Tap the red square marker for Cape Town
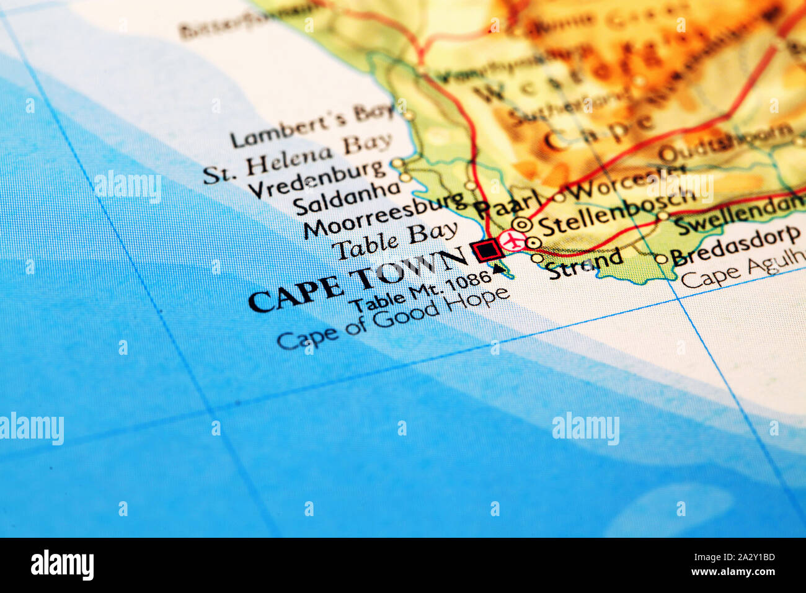click(487, 250)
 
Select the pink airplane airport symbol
click(512, 241)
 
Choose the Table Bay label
click(394, 241)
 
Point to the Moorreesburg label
click(384, 215)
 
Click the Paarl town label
click(500, 205)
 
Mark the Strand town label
click(585, 262)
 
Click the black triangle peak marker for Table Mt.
click(498, 269)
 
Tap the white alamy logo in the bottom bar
click(62, 565)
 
